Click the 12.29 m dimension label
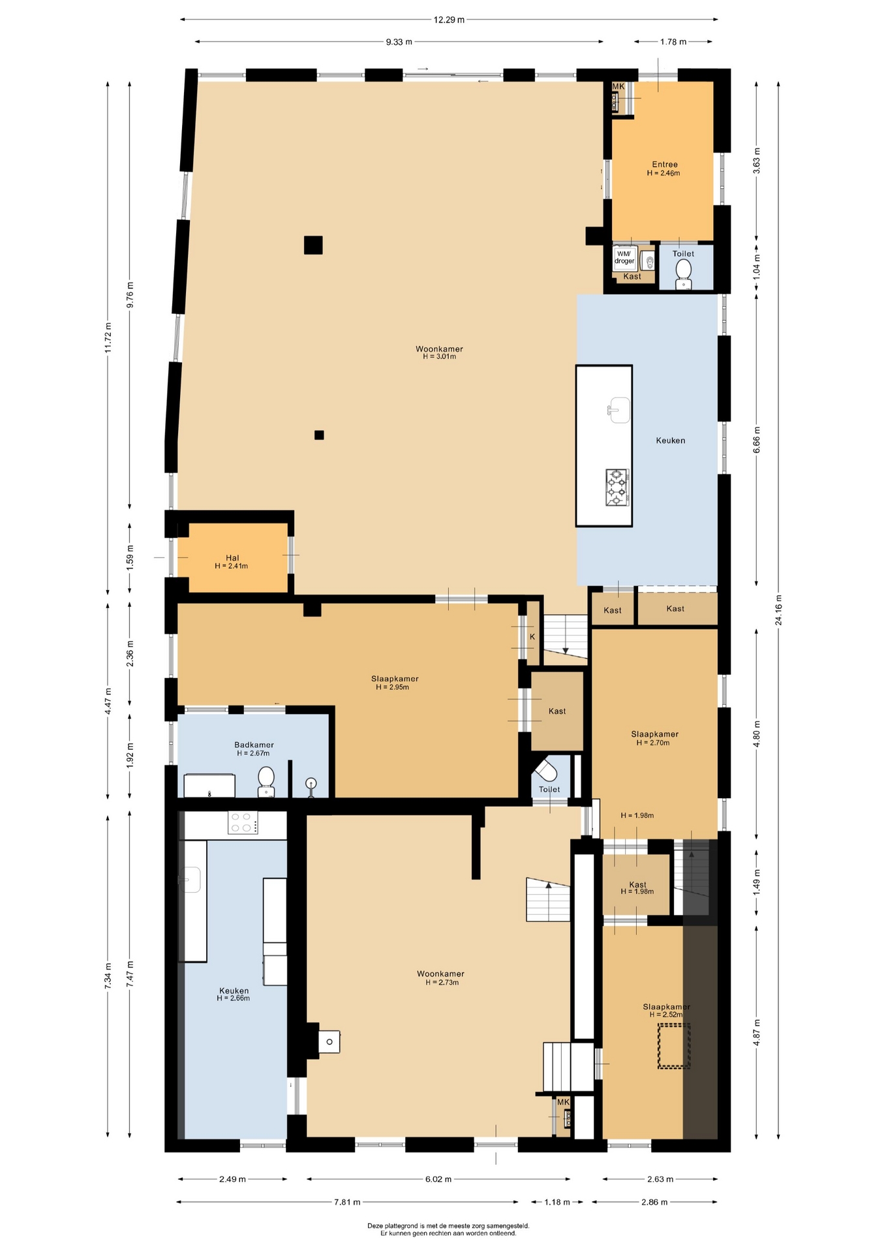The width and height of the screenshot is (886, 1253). [449, 20]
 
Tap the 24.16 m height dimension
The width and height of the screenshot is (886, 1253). [778, 610]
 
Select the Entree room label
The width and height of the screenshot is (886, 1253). [665, 164]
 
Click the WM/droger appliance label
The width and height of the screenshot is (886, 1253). [624, 257]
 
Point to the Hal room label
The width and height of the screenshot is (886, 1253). [232, 558]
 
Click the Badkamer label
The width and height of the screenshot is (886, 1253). [254, 745]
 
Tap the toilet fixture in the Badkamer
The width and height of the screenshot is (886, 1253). [266, 781]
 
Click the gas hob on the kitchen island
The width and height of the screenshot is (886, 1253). [617, 487]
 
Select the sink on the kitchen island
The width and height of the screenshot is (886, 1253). [619, 410]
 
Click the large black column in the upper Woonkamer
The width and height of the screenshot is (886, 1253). [313, 245]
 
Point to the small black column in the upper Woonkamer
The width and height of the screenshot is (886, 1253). [319, 435]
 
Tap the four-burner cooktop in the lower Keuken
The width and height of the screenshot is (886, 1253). [243, 822]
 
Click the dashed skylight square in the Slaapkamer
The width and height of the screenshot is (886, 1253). [674, 1046]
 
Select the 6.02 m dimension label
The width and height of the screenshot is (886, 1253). [438, 1179]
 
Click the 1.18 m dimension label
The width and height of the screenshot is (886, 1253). [557, 1201]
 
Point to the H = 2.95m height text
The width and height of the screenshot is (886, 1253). [392, 687]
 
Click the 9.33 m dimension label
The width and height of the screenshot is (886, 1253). [399, 42]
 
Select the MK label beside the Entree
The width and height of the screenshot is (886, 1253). [618, 87]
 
